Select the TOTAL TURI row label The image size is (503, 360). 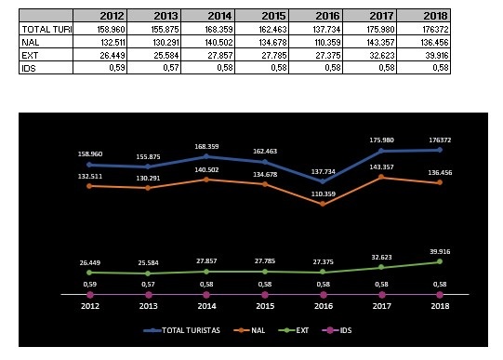click(x=46, y=29)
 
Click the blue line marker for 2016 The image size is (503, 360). click(x=322, y=181)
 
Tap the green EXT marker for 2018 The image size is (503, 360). click(x=439, y=261)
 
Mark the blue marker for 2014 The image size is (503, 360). click(x=206, y=156)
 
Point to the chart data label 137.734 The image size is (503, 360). click(x=322, y=170)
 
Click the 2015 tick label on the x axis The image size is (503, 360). click(x=264, y=305)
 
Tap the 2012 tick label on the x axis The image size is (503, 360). click(x=89, y=305)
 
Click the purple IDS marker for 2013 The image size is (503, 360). click(x=148, y=294)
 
